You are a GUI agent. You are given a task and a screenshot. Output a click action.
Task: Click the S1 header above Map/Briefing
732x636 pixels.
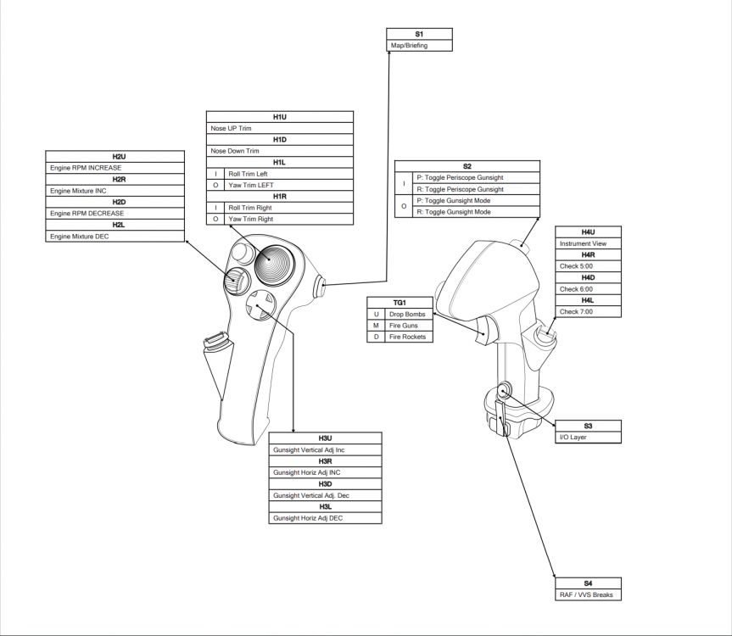click(x=419, y=34)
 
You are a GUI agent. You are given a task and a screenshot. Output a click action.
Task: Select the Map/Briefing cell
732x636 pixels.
click(x=419, y=45)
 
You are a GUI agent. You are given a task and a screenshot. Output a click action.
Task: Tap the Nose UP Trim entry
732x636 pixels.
click(x=280, y=128)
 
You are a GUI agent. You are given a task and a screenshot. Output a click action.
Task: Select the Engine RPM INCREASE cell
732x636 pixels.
click(x=115, y=168)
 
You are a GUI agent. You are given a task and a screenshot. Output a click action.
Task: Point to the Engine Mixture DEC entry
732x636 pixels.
click(x=115, y=237)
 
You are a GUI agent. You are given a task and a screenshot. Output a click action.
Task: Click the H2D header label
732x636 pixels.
click(x=115, y=202)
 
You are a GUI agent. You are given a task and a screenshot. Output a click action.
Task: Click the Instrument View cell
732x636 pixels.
click(x=588, y=243)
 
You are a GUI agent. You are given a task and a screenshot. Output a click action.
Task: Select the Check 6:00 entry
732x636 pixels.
click(x=588, y=289)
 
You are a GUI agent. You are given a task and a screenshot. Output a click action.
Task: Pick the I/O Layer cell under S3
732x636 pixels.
click(x=588, y=437)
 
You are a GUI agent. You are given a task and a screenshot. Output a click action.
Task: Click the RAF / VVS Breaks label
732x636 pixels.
click(x=588, y=594)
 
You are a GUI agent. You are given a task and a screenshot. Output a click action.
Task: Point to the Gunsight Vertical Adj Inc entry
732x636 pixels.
click(x=325, y=449)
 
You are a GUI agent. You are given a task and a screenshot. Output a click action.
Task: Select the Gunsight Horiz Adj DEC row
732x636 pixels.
click(x=325, y=517)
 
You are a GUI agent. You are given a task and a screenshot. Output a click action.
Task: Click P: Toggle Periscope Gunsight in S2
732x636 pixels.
click(x=466, y=178)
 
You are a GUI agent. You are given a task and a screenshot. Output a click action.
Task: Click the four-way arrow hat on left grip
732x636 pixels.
click(x=260, y=303)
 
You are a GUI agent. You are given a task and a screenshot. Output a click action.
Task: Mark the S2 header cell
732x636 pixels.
click(x=467, y=166)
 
